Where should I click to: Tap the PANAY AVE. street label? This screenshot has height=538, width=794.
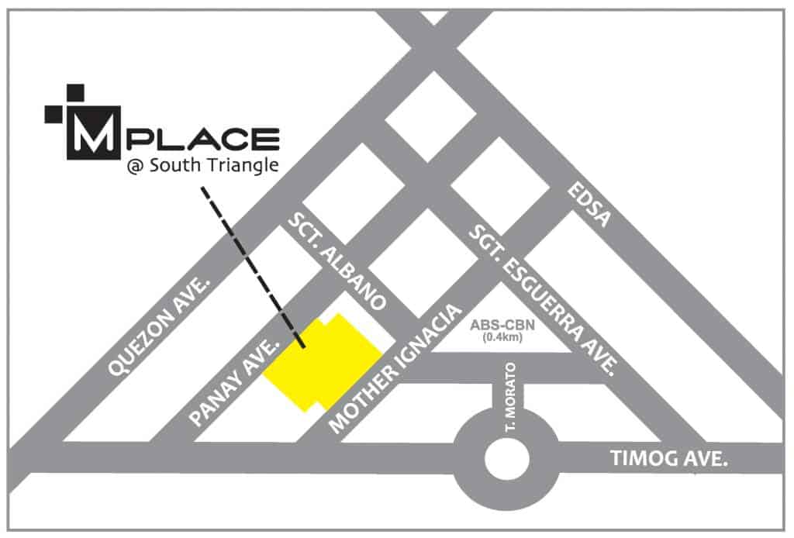[233, 381]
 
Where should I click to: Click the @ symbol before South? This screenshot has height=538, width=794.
[135, 169]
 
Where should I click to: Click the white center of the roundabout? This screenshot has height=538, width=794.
[505, 455]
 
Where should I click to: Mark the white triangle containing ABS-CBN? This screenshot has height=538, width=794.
[503, 322]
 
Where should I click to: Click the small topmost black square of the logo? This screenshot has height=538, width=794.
[75, 92]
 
